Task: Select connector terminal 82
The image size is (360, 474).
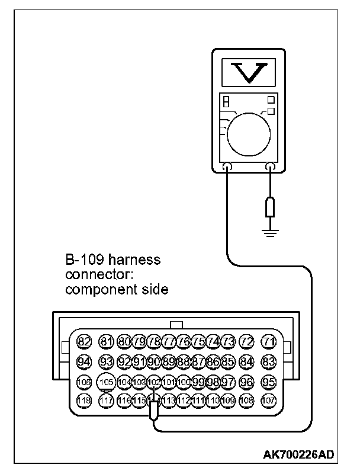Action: coord(85,341)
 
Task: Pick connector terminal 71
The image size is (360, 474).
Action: coord(269,341)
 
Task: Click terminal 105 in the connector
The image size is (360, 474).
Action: coord(107,382)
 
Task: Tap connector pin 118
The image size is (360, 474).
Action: coord(85,401)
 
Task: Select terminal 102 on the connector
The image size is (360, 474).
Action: coord(154,382)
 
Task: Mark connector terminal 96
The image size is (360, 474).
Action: coord(247,382)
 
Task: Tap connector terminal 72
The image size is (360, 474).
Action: coord(247,341)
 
